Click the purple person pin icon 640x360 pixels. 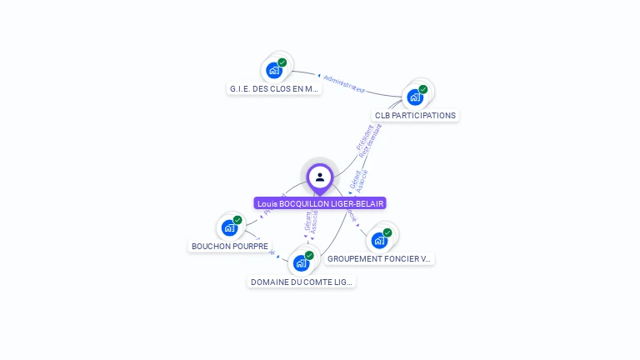tap(320, 177)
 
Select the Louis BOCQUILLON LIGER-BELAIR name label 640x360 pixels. tap(320, 203)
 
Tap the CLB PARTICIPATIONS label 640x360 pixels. tap(415, 115)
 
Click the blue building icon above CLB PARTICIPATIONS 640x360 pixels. tap(414, 97)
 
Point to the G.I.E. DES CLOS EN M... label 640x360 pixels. tap(274, 88)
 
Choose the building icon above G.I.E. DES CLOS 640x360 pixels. tap(274, 70)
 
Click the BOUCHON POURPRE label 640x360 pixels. tap(230, 246)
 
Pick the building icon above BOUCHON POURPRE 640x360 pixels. tap(229, 227)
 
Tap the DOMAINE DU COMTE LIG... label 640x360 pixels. tap(302, 282)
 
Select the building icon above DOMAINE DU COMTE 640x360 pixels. tap(301, 263)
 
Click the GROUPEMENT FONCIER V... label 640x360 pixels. tap(379, 258)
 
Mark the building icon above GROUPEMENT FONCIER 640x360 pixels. tap(379, 241)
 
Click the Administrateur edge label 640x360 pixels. tap(344, 83)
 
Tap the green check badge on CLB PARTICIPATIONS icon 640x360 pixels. tap(423, 89)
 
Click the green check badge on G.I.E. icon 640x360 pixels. tap(282, 62)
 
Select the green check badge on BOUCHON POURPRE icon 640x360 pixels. tap(237, 220)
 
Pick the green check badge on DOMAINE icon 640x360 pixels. tap(309, 255)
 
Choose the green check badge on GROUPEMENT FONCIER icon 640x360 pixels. tap(387, 232)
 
